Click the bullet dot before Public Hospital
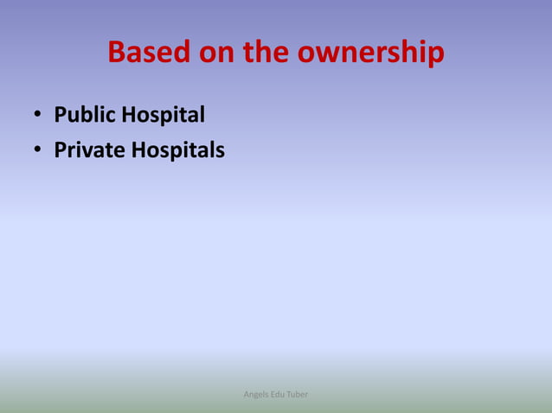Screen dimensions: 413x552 pyautogui.click(x=38, y=116)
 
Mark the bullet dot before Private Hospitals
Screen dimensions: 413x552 pyautogui.click(x=38, y=151)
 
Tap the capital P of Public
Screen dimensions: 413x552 pyautogui.click(x=61, y=115)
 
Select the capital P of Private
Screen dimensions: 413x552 pyautogui.click(x=61, y=150)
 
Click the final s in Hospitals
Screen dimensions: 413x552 pyautogui.click(x=220, y=151)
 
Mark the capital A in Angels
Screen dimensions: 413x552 pyautogui.click(x=247, y=395)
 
